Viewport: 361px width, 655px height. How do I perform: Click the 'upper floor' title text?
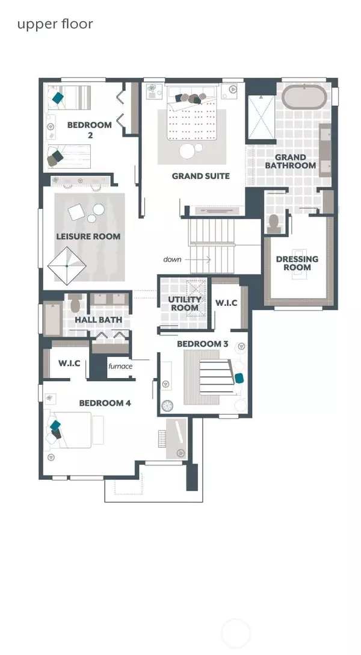55,24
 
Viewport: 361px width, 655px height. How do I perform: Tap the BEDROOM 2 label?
89,129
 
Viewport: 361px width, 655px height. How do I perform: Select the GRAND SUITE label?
201,176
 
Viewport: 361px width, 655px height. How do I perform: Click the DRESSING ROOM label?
297,264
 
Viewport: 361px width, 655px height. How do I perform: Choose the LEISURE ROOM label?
88,237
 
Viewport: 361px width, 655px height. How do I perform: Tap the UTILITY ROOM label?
184,303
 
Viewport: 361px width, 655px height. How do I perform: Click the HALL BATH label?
99,320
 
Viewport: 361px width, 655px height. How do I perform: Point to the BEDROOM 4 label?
105,403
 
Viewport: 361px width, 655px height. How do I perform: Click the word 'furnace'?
120,365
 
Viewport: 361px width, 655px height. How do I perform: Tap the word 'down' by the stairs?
172,259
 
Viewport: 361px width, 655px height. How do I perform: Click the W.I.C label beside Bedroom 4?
69,363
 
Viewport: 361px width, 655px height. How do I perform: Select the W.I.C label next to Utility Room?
226,303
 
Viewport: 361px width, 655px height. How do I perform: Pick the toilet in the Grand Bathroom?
274,223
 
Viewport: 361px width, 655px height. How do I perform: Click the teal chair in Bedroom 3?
239,377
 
